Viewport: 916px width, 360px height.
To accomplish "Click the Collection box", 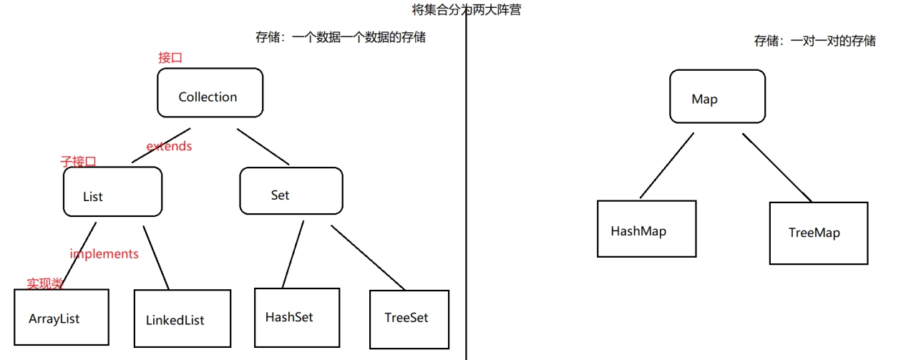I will click(x=210, y=93).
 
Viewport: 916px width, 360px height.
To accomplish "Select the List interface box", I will click(x=112, y=192).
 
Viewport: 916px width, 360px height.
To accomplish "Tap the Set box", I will click(x=291, y=191).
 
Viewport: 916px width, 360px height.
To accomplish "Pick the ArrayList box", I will click(x=60, y=318).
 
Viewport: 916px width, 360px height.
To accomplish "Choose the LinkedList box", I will click(x=182, y=319).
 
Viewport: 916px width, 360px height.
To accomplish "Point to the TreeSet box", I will click(x=409, y=318).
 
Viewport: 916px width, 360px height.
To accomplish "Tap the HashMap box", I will click(x=646, y=228).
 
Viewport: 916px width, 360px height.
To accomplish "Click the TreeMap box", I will click(x=818, y=233).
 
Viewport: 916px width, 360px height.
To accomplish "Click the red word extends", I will click(x=169, y=146).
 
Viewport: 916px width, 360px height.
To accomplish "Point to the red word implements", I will click(x=104, y=253).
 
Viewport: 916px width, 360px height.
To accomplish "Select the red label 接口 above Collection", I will click(x=170, y=58).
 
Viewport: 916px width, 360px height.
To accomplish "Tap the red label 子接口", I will click(x=78, y=162).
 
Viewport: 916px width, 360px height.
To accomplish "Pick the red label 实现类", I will click(x=45, y=283).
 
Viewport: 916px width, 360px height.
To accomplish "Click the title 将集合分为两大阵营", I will click(x=466, y=10).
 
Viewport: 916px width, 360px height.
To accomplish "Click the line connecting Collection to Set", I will click(x=263, y=147).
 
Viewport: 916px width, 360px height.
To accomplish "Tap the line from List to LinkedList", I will click(x=155, y=257).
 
